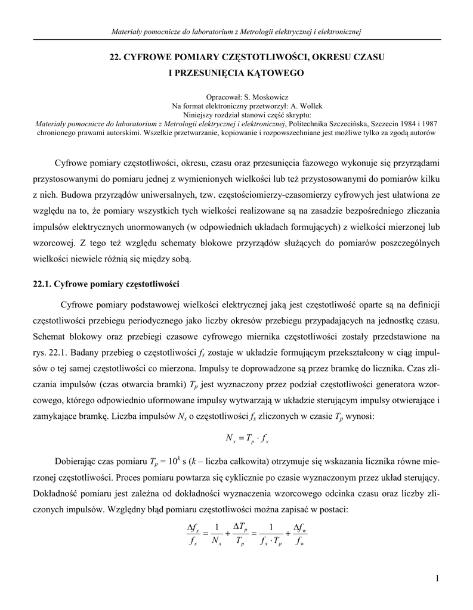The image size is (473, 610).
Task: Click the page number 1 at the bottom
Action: coord(437,578)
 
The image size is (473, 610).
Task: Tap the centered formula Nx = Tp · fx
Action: coord(247,440)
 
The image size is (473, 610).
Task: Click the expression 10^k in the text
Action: coord(172,461)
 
